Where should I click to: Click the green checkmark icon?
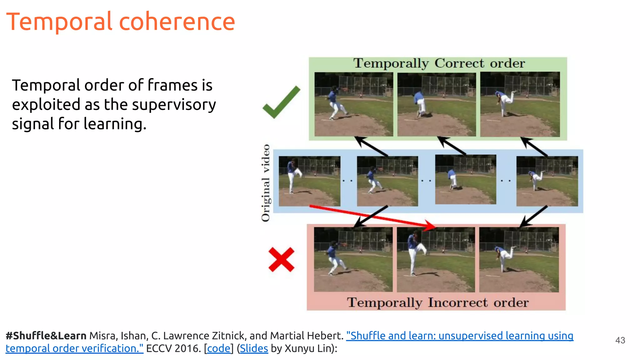(281, 102)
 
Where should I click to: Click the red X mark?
(281, 259)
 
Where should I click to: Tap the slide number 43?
(620, 340)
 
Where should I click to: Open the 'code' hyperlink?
(219, 348)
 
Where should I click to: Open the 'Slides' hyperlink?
(254, 348)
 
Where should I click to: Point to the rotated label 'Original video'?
(266, 183)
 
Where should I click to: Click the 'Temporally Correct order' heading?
(439, 63)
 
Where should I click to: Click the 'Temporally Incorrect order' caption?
(437, 302)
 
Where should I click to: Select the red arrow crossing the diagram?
(372, 216)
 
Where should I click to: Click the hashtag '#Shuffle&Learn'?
(46, 336)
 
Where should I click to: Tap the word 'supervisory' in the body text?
(174, 105)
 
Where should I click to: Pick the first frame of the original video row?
(309, 181)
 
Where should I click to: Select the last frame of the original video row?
(547, 181)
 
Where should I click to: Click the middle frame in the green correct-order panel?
(437, 104)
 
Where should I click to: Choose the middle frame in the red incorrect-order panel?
(436, 260)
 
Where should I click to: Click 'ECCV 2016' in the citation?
(173, 348)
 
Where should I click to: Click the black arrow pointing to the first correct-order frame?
(372, 147)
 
